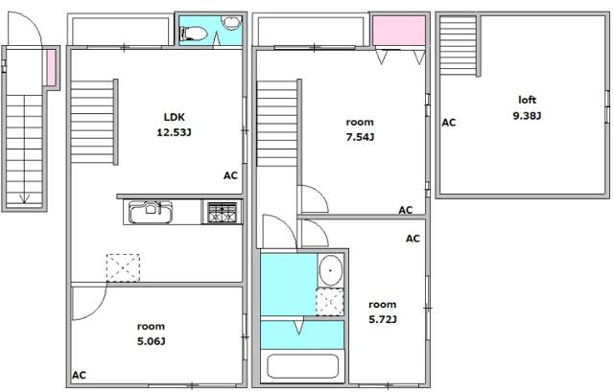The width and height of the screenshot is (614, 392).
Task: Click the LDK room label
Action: coord(174,117)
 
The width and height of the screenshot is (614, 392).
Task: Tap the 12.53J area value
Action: coord(174,133)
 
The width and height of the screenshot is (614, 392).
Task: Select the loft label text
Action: coord(527,100)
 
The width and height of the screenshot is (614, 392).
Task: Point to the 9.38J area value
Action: coord(527,116)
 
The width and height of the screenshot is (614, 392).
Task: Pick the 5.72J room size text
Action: coord(382,319)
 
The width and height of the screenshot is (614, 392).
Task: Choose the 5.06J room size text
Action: coord(152,340)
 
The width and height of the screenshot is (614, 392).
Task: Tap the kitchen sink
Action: coord(150,211)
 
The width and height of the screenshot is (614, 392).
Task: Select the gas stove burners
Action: coord(223,212)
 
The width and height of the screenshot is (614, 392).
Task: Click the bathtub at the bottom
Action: coord(303,367)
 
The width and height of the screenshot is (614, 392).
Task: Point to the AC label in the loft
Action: coord(448,123)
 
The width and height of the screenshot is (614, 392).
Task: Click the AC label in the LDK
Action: coord(230,175)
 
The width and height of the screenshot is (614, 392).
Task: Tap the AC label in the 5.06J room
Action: coord(79,375)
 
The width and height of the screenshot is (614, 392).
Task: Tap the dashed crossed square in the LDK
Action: coord(122,267)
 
